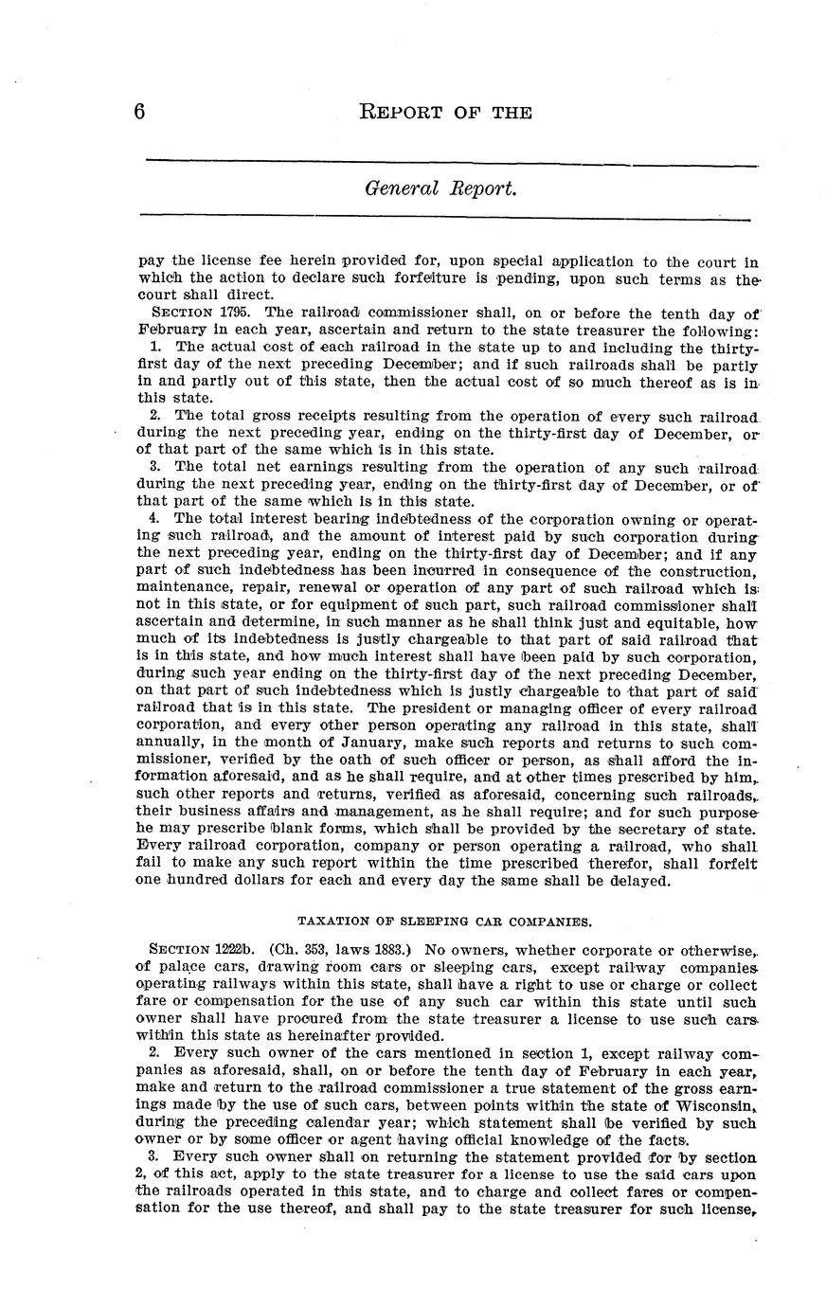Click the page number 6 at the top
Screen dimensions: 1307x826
pyautogui.click(x=139, y=112)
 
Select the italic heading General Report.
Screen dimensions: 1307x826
pyautogui.click(x=441, y=188)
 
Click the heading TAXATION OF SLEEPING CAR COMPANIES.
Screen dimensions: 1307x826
pyautogui.click(x=445, y=920)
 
